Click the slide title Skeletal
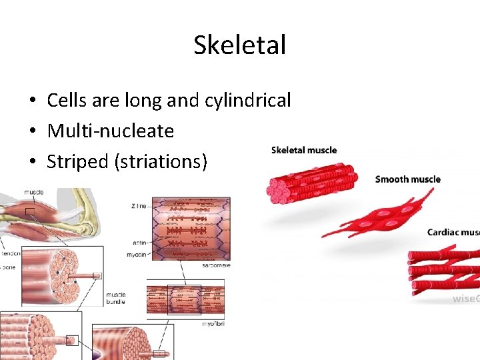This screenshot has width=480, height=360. click(239, 45)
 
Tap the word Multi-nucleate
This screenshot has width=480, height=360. click(110, 131)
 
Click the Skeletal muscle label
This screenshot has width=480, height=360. click(304, 150)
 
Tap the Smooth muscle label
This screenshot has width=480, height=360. click(407, 179)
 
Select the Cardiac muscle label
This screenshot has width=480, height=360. click(453, 232)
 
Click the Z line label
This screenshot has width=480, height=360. click(139, 206)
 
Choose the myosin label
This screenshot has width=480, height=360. click(137, 255)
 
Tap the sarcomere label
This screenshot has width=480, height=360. click(217, 265)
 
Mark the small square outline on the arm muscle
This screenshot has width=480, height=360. click(29, 212)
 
